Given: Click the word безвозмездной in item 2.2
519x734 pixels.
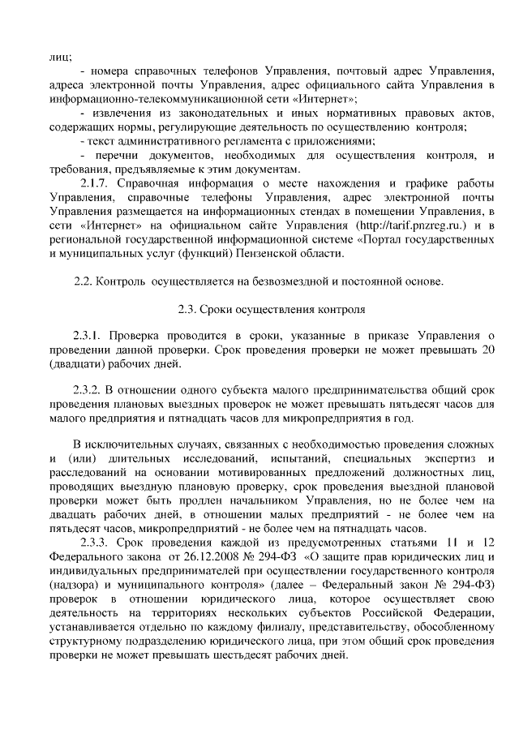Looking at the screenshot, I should [271, 281].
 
